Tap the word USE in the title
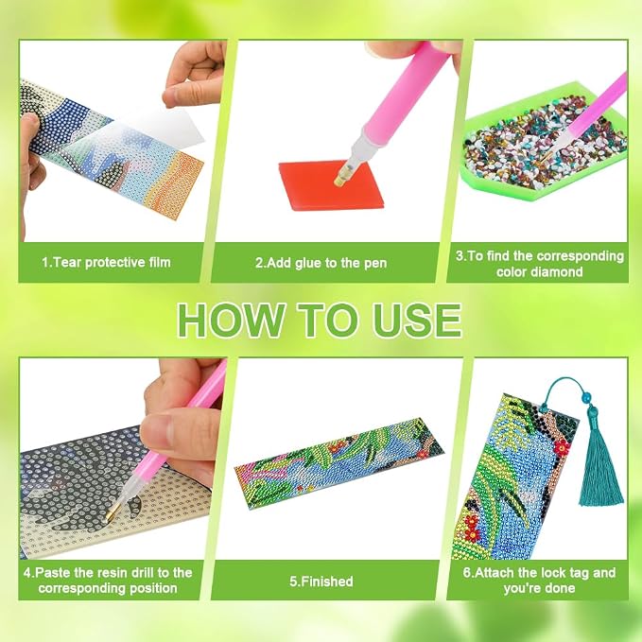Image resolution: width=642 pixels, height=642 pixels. click(x=417, y=320)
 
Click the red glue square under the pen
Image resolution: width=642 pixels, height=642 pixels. click(x=331, y=184)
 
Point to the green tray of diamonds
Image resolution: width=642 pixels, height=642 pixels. click(x=544, y=140)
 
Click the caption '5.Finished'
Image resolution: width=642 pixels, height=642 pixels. click(x=321, y=581)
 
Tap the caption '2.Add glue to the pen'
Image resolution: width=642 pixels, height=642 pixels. click(x=321, y=263)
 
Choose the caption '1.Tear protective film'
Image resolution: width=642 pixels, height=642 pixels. click(x=107, y=263)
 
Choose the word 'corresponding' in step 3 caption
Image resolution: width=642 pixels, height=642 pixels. click(x=581, y=256)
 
